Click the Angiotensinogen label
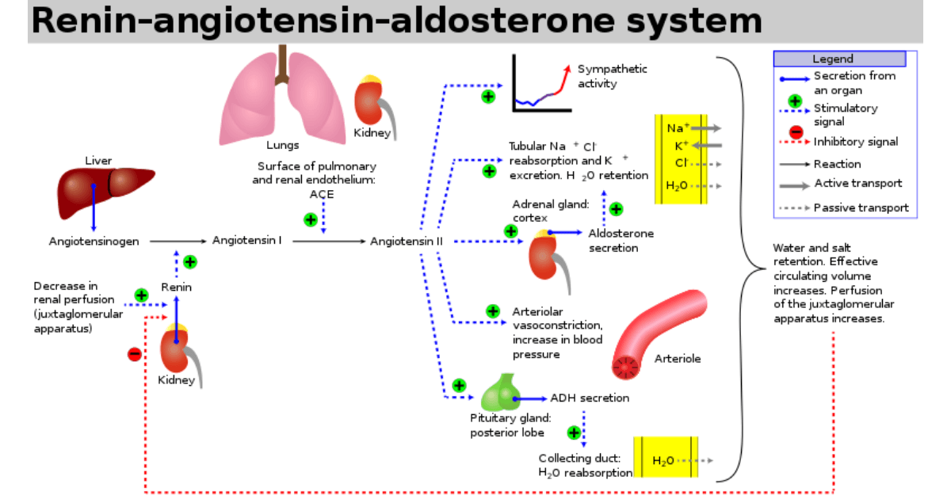94,241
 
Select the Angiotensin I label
247,240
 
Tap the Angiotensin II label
407,241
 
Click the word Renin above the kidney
176,287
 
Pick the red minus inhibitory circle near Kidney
135,354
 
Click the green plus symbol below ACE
311,219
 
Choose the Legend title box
839,59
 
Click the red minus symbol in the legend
796,133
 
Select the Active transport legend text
857,184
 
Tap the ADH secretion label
590,398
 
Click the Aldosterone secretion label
621,241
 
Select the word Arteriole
678,359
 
